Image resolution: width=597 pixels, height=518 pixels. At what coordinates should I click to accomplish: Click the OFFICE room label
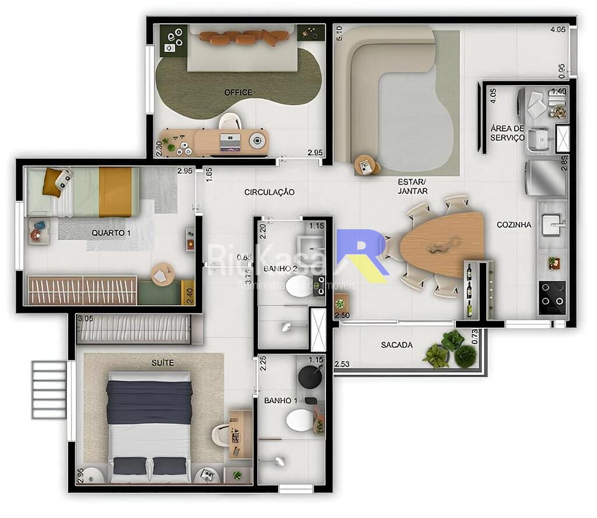click(238, 92)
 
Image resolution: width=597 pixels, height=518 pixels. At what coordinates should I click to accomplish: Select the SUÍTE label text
click(162, 363)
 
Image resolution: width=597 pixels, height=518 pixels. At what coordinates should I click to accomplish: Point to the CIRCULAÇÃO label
click(269, 192)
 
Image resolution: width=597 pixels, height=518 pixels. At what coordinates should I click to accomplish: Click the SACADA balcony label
click(397, 345)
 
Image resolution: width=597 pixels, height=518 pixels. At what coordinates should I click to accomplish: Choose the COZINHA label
click(514, 225)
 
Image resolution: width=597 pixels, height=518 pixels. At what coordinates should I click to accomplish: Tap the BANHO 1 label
click(280, 401)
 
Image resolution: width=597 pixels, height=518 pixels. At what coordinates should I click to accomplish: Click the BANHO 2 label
click(280, 269)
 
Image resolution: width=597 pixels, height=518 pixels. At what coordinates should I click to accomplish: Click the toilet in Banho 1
click(300, 420)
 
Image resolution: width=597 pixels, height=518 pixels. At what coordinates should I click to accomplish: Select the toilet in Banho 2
click(300, 286)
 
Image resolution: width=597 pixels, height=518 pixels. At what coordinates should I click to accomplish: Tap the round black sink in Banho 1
click(310, 377)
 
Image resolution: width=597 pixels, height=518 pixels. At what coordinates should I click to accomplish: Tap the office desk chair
click(230, 121)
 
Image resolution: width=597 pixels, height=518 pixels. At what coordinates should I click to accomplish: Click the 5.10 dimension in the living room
click(339, 33)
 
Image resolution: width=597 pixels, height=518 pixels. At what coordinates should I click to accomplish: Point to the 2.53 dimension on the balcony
click(342, 365)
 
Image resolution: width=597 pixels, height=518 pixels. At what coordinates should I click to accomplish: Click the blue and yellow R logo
click(364, 256)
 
